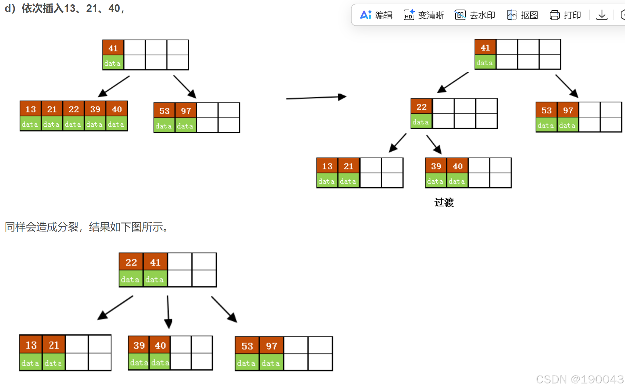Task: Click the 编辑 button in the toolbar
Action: click(x=376, y=15)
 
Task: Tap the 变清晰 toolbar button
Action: click(x=424, y=15)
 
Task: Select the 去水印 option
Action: click(x=475, y=15)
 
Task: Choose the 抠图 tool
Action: click(x=522, y=15)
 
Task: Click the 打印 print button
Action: click(x=565, y=15)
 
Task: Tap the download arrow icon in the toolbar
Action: click(x=602, y=15)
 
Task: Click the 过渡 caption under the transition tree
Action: click(x=444, y=202)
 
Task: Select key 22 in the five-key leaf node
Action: click(x=74, y=109)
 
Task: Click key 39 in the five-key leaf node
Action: click(x=95, y=109)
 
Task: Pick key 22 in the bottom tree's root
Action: click(x=131, y=262)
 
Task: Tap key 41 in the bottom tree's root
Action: click(x=155, y=262)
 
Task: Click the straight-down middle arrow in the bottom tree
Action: click(x=168, y=312)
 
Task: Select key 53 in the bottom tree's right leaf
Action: click(x=247, y=346)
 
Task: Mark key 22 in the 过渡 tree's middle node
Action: click(x=422, y=107)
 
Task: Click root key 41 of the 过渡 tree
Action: click(x=485, y=47)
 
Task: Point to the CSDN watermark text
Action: click(x=579, y=379)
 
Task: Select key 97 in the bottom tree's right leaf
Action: click(x=271, y=346)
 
